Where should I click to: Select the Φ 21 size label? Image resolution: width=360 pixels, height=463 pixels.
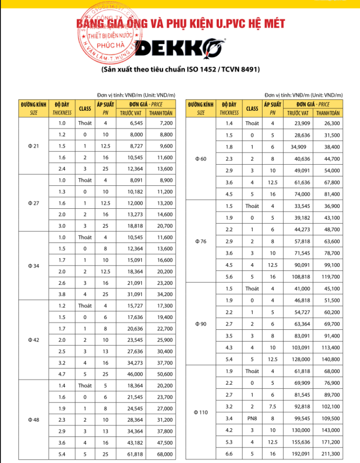(33, 145)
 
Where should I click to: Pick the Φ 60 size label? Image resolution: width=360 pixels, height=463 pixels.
(200, 159)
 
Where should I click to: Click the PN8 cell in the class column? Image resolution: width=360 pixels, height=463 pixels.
(252, 418)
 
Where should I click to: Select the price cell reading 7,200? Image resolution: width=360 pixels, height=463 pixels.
(166, 123)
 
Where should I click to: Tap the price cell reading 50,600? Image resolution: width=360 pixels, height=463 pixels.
(166, 374)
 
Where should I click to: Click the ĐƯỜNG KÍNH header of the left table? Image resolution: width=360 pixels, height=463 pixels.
(33, 105)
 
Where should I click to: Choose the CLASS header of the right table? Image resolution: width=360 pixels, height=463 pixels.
(252, 108)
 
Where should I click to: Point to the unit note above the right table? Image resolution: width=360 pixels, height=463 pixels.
(303, 95)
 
